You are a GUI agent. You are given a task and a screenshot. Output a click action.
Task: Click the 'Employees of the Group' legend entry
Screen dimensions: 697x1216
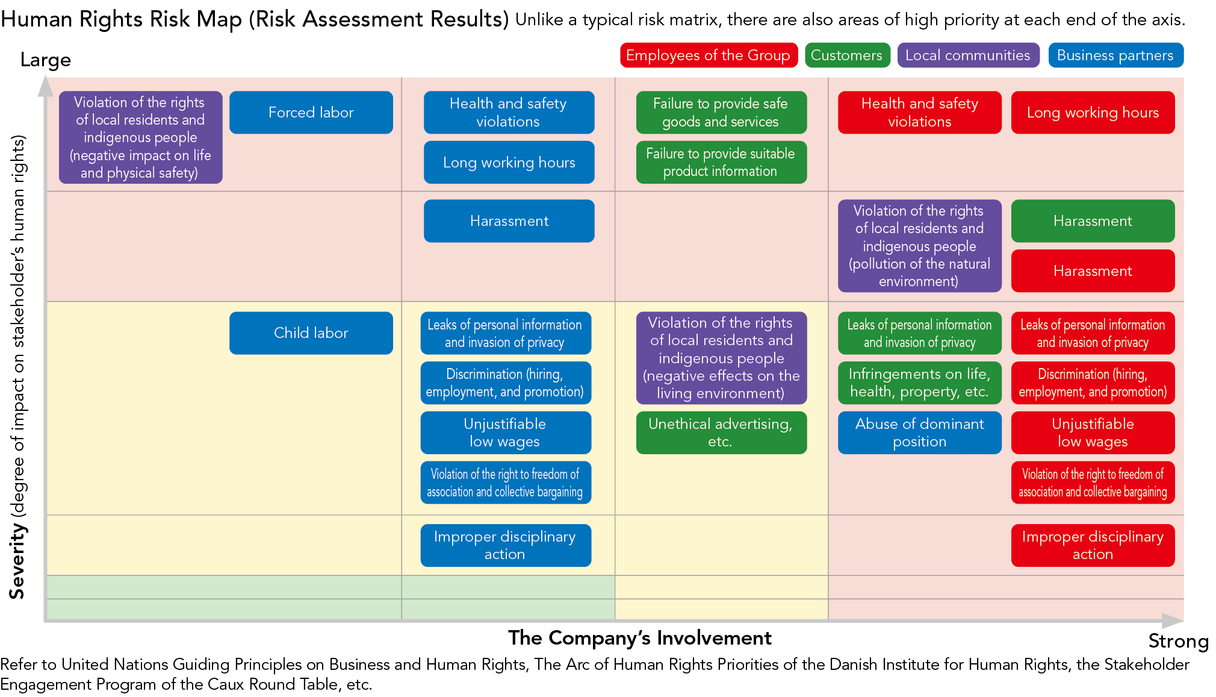(x=708, y=55)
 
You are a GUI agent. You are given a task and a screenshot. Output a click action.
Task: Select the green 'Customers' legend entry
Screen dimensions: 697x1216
(x=846, y=55)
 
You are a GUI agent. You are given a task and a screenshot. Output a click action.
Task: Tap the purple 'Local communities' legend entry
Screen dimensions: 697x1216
(x=967, y=55)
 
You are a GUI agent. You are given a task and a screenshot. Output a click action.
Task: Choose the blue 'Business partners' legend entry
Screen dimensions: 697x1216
(x=1115, y=55)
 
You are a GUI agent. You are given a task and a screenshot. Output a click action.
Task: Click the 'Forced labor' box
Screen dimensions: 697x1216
(x=311, y=113)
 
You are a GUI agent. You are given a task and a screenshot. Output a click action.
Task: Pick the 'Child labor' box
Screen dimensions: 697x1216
(x=311, y=333)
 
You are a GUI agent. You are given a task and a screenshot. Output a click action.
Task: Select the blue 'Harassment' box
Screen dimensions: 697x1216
(x=509, y=221)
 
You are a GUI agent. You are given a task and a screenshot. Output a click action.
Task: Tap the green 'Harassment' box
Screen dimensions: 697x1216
(x=1092, y=221)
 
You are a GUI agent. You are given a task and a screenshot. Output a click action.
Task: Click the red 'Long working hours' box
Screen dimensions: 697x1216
(x=1092, y=113)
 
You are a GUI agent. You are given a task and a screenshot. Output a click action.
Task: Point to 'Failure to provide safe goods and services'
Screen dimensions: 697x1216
(x=721, y=113)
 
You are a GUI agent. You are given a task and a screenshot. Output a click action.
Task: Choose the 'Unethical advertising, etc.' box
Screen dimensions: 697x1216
(x=721, y=433)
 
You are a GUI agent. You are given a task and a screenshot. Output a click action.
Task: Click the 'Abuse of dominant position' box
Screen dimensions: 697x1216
(x=919, y=433)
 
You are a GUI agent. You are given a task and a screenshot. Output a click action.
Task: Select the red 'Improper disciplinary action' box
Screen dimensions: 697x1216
(x=1092, y=545)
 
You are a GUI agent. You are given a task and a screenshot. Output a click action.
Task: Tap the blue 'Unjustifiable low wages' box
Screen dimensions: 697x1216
(x=505, y=433)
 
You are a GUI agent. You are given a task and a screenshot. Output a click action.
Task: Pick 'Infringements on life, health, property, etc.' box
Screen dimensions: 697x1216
(x=919, y=383)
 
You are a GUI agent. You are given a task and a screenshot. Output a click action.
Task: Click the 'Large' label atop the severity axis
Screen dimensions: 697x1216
(x=46, y=60)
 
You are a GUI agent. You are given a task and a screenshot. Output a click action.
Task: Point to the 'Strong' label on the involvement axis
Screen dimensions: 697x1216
(x=1177, y=641)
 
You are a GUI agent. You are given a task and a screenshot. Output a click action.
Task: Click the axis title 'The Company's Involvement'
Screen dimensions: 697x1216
(x=639, y=638)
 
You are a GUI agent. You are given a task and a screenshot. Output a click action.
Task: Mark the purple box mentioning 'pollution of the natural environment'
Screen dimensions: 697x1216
(x=919, y=246)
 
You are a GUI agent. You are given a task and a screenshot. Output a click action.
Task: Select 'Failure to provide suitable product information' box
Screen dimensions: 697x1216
(x=721, y=162)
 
